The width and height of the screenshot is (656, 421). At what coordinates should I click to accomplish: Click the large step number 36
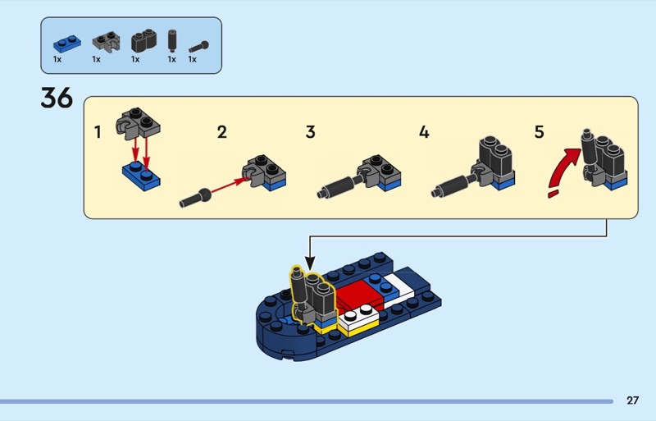(x=57, y=98)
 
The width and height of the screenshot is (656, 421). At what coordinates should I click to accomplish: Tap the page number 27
(x=632, y=400)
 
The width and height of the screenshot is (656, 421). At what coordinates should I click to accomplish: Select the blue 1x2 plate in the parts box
(x=67, y=43)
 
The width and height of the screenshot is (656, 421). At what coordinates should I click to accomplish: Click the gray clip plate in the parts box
(x=107, y=42)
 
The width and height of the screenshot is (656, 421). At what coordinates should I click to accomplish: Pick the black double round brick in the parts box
(x=144, y=41)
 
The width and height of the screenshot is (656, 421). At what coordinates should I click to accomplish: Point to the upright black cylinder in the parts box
(x=172, y=40)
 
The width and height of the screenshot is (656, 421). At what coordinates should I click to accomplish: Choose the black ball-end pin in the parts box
(x=198, y=47)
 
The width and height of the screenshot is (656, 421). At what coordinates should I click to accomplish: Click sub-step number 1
(x=98, y=132)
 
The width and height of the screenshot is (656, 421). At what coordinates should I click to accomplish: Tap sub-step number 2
(x=221, y=132)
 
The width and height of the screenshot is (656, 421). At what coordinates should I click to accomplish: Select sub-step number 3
(x=310, y=132)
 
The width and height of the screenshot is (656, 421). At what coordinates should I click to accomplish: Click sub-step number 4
(x=424, y=132)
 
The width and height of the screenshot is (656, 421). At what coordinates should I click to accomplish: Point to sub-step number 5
(x=540, y=132)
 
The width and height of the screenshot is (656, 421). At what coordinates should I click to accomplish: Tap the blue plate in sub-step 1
(x=141, y=176)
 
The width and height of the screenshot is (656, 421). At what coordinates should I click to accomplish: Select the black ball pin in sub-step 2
(x=195, y=198)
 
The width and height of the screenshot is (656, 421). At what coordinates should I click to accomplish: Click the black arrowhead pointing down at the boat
(x=310, y=263)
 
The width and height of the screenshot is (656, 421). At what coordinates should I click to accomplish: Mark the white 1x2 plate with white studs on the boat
(x=358, y=318)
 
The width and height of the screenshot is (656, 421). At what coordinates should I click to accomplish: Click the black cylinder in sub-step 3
(x=337, y=187)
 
